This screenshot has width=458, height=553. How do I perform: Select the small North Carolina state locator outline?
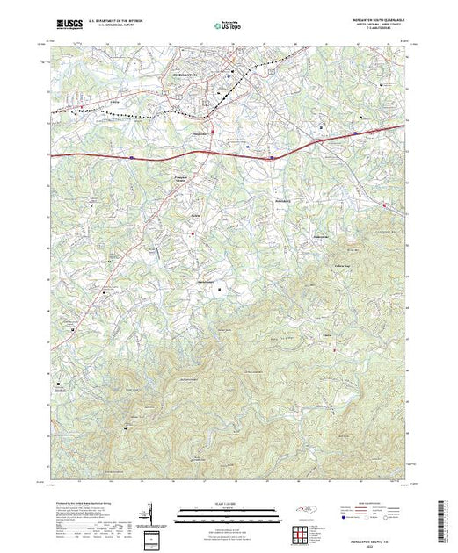(296, 512)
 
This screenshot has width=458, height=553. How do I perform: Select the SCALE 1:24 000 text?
(228, 504)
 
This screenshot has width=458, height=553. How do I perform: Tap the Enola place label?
(326, 334)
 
